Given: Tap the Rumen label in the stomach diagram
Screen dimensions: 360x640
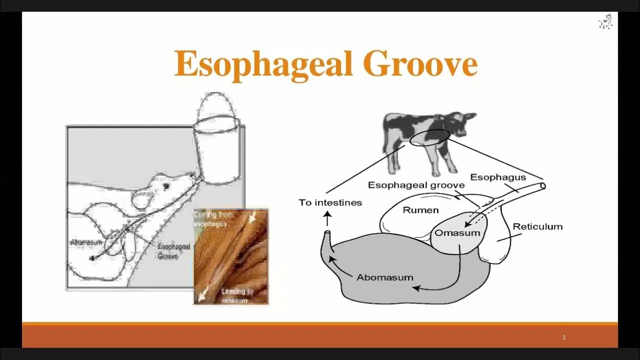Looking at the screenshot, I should [x=420, y=210].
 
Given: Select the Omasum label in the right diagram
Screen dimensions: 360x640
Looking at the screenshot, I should [x=457, y=233].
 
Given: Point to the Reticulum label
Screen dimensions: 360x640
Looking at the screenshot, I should [x=537, y=226].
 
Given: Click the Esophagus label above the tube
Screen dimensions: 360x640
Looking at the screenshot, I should [x=498, y=177].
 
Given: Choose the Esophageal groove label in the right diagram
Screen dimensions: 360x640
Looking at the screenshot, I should [x=416, y=185].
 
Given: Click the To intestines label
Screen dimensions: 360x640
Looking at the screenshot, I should [x=330, y=202].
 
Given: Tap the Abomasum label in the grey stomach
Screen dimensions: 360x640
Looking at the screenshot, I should [x=384, y=277].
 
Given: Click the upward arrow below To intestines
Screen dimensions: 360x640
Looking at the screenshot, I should [x=328, y=218].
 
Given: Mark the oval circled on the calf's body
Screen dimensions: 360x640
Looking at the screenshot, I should [x=429, y=138].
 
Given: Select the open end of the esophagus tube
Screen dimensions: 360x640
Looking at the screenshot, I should [x=543, y=186].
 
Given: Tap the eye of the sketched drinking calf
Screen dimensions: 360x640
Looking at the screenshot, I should [x=166, y=185].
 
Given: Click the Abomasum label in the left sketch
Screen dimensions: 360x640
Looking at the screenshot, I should [x=86, y=242].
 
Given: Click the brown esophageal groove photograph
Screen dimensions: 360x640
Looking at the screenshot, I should [x=231, y=256].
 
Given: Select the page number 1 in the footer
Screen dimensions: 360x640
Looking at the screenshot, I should [x=564, y=337].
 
